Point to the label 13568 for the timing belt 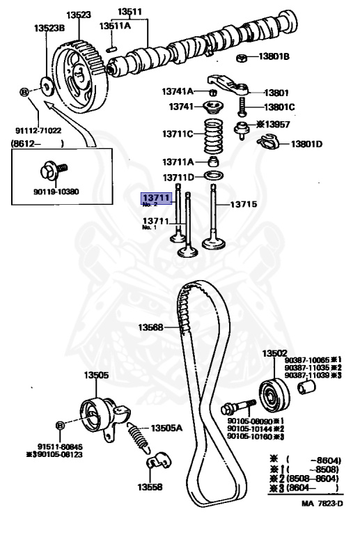tap(150, 327)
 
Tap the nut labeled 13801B tap(240, 56)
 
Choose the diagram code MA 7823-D tap(322, 522)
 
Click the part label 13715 tap(244, 205)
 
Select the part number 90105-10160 tap(251, 437)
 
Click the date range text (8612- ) tap(37, 144)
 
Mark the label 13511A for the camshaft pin tap(115, 26)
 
